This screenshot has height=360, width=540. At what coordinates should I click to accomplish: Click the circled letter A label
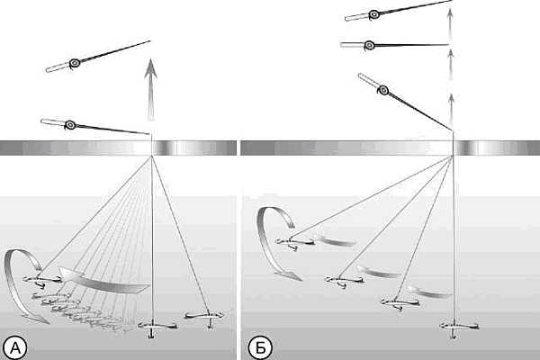(x=14, y=346)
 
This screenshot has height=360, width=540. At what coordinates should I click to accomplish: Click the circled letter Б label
(x=256, y=346)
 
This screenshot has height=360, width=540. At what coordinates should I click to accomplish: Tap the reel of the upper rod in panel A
(x=75, y=63)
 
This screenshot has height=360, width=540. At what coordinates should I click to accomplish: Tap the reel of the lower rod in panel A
(x=69, y=124)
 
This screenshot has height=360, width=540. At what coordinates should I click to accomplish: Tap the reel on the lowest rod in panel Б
(x=383, y=90)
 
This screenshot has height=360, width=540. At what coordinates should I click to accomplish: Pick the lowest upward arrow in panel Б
(x=450, y=102)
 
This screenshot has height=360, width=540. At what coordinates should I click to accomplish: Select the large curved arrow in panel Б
(x=274, y=238)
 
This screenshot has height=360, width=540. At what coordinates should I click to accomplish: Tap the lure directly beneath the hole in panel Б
(x=451, y=326)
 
